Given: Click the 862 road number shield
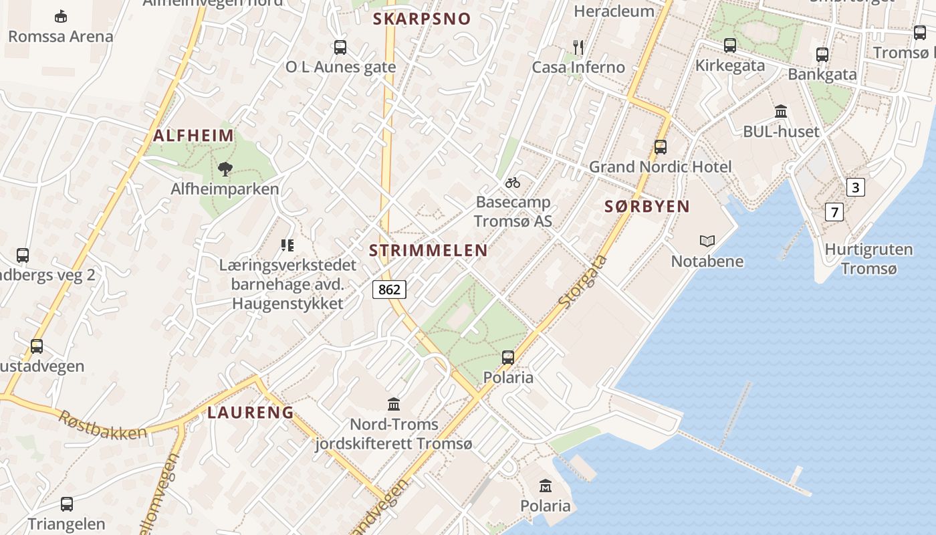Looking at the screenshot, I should point(389,289).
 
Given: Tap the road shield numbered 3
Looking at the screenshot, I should point(855,187).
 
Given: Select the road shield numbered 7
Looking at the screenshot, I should point(834,212).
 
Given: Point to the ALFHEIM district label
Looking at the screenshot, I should point(194,136).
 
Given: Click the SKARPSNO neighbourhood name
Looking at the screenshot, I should point(422,19).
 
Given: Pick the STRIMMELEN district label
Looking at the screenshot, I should point(429,251).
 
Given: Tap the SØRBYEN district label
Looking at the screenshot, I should point(647,206).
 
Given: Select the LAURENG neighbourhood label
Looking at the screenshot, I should point(251,413).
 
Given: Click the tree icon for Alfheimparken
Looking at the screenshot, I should point(225,169).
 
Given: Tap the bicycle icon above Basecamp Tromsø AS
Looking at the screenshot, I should point(513,183).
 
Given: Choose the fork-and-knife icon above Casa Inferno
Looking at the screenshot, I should point(578,47).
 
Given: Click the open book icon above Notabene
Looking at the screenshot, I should point(707,241).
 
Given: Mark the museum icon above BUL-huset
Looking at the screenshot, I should point(781,111).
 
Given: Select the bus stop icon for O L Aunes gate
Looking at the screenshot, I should point(340,47).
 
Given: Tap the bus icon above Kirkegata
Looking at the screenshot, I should point(730,45).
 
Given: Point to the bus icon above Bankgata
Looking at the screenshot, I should point(822,55).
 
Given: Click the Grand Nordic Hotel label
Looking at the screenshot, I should point(661,167).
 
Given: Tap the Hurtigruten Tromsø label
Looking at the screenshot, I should point(868,259).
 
